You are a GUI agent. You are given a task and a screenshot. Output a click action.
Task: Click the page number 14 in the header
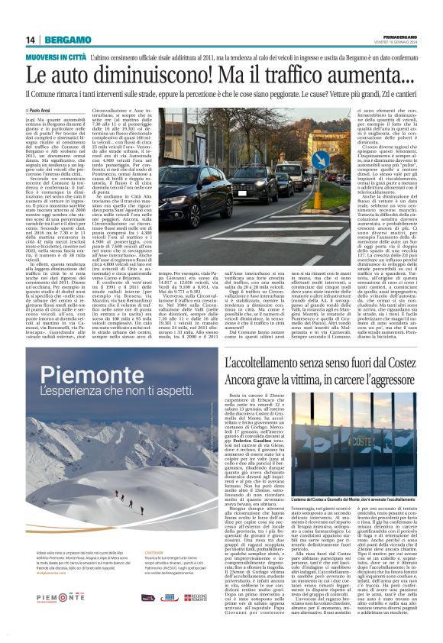pos(31,40)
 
